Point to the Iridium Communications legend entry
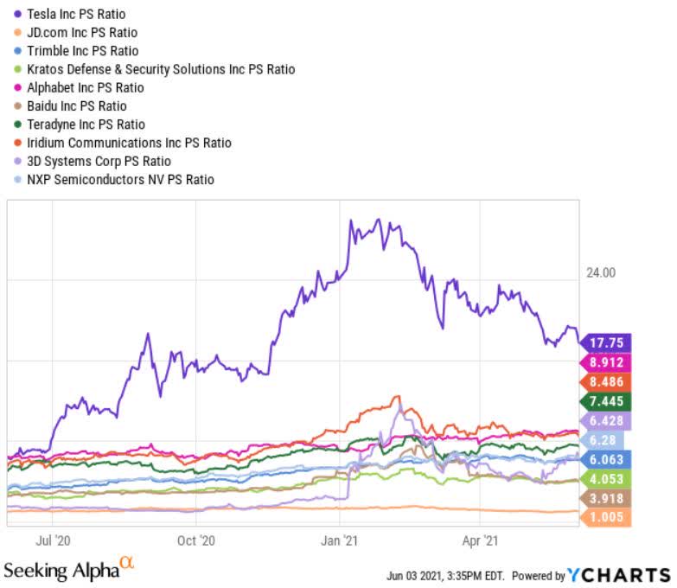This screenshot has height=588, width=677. (131, 142)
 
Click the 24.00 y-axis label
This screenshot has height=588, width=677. (602, 272)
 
